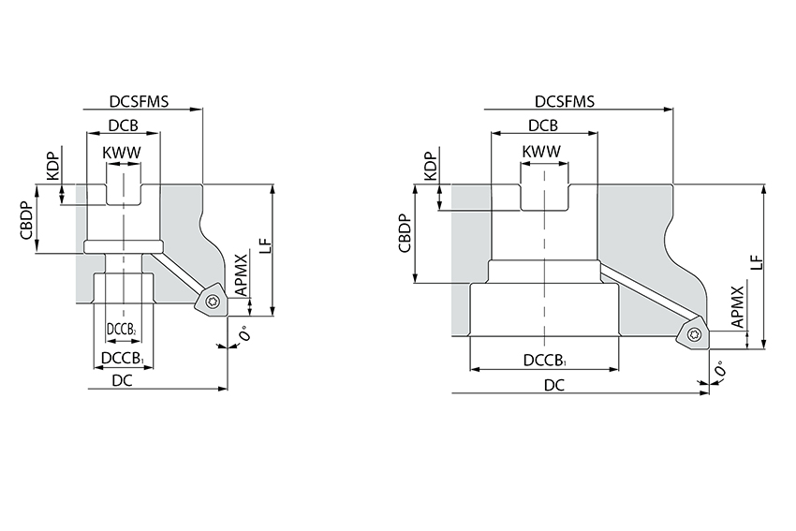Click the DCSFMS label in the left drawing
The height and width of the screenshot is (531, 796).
pyautogui.click(x=138, y=102)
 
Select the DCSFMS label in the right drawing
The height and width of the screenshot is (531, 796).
pyautogui.click(x=567, y=102)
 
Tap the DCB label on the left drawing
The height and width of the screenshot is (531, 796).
pyautogui.click(x=124, y=126)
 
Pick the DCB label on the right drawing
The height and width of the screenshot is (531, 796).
pyautogui.click(x=543, y=126)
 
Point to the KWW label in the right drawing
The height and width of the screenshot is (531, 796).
pyautogui.click(x=542, y=152)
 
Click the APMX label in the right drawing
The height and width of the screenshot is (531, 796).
pyautogui.click(x=738, y=307)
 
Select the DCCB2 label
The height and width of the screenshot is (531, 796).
pyautogui.click(x=123, y=330)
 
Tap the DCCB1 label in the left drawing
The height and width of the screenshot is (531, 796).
pyautogui.click(x=123, y=358)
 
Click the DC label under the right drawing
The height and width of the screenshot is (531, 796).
pyautogui.click(x=554, y=385)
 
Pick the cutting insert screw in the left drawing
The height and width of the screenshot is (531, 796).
pyautogui.click(x=213, y=302)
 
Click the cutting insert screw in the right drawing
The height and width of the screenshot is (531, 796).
pyautogui.click(x=694, y=333)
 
